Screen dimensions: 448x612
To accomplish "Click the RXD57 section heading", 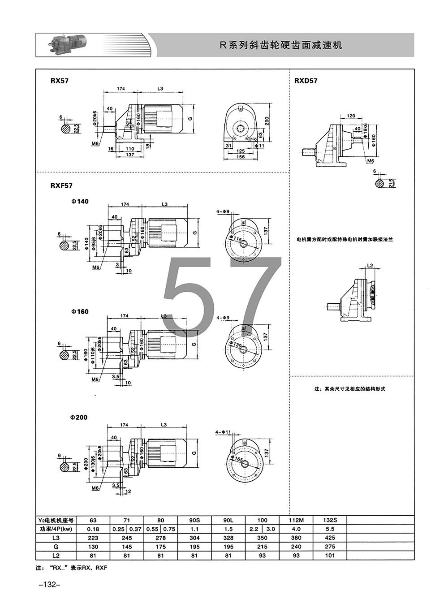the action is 306,81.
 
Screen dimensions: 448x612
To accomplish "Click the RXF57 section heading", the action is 61,185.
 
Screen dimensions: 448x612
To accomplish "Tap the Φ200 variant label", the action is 79,417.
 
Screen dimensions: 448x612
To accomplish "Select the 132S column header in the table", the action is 330,520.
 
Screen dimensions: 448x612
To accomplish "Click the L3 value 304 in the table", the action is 194,538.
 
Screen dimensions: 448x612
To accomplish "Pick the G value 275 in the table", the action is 330,547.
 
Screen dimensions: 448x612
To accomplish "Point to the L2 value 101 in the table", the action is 330,556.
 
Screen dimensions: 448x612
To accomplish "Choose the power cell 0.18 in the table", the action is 93,529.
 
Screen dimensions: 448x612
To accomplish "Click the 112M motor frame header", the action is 296,520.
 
